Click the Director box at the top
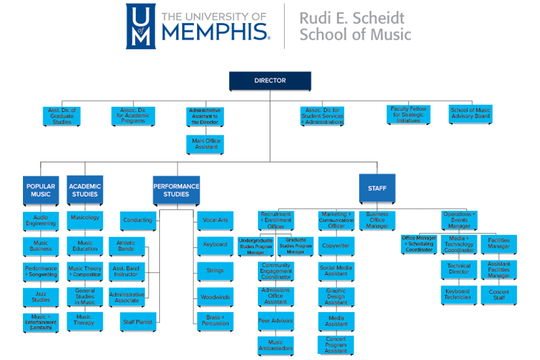[x=270, y=81]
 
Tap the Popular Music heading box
[x=40, y=190]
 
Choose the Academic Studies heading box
[x=85, y=190]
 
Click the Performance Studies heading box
[x=176, y=190]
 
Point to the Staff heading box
[x=377, y=189]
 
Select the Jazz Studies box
[x=41, y=296]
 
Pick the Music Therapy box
[x=85, y=321]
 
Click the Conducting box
[x=137, y=220]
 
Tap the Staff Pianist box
[x=137, y=322]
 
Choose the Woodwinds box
[x=215, y=297]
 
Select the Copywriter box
[x=336, y=247]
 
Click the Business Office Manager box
[x=377, y=220]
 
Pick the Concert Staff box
[x=499, y=294]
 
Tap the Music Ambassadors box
[x=275, y=346]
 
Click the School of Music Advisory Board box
[x=470, y=113]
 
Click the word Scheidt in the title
[x=379, y=16]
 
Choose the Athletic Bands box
[x=126, y=246]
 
